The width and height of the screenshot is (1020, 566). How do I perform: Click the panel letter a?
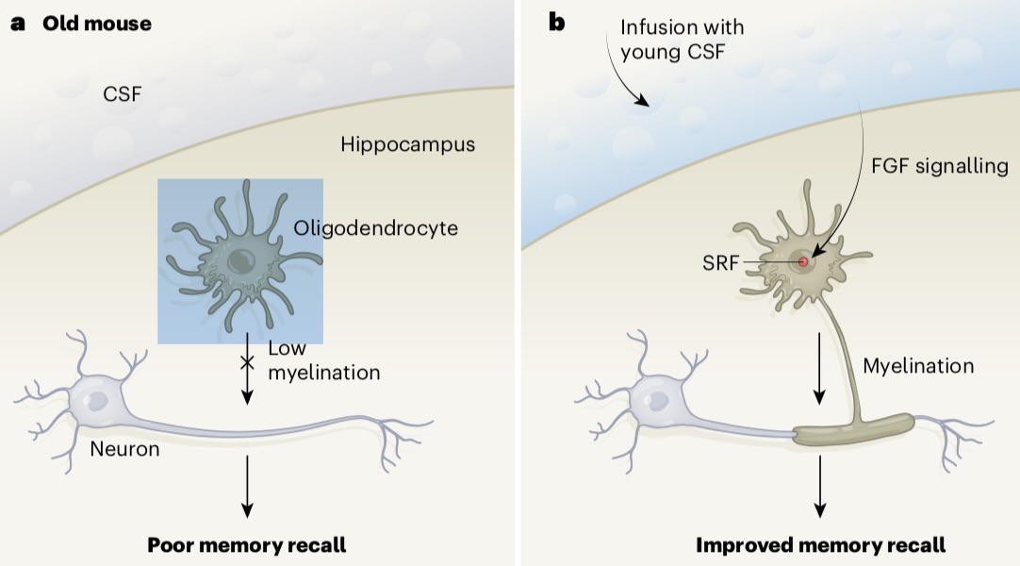[17, 24]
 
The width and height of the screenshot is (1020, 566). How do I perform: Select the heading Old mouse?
[96, 24]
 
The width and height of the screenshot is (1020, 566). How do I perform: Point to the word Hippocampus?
[407, 145]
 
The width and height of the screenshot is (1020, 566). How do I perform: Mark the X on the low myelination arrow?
[247, 362]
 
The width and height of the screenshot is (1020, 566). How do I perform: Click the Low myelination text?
[323, 360]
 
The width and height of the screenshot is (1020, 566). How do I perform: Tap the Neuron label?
[124, 449]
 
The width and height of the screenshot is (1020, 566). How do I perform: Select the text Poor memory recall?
[246, 544]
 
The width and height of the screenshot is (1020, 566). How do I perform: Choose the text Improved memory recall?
[820, 544]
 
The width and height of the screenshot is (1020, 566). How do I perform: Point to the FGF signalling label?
[939, 166]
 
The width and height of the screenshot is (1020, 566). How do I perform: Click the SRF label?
[721, 261]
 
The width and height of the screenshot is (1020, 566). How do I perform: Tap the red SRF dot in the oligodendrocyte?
[803, 261]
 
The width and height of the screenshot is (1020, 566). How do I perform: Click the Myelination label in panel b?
[918, 365]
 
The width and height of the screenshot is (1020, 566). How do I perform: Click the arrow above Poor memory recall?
[247, 486]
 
